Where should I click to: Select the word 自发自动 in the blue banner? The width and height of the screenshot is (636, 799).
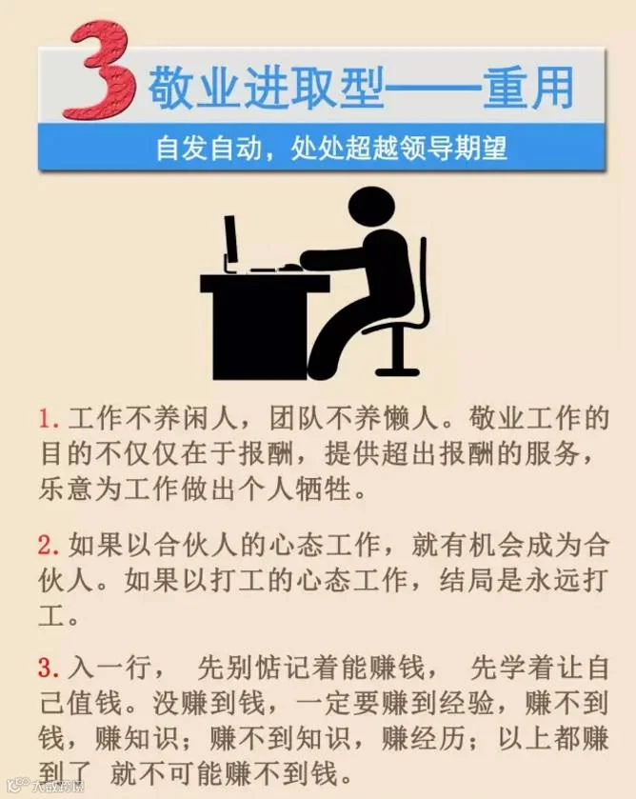(x=209, y=149)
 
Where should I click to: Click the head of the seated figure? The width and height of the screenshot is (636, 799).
(x=371, y=208)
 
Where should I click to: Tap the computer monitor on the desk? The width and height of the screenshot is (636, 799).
(x=230, y=244)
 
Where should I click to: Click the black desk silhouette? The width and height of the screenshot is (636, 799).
(x=263, y=326)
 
